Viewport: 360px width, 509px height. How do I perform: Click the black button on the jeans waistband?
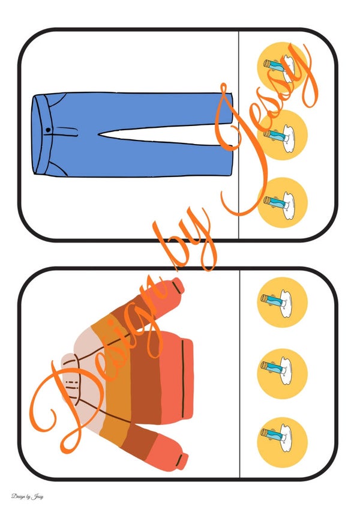click(x=48, y=130)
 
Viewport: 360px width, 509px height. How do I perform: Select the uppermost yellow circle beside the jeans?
click(x=282, y=67)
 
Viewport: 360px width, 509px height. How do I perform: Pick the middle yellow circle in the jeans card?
click(x=282, y=134)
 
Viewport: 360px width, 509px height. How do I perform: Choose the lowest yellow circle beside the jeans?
click(x=282, y=202)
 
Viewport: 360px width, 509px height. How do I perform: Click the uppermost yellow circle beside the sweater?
click(x=282, y=303)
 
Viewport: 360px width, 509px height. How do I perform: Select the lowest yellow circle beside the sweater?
click(x=282, y=442)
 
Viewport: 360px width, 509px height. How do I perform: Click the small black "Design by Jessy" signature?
click(x=27, y=496)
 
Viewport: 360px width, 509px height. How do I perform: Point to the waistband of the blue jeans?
click(x=41, y=134)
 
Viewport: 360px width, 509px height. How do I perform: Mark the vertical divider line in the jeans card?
click(x=239, y=134)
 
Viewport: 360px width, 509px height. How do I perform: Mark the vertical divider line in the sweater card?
click(x=239, y=373)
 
